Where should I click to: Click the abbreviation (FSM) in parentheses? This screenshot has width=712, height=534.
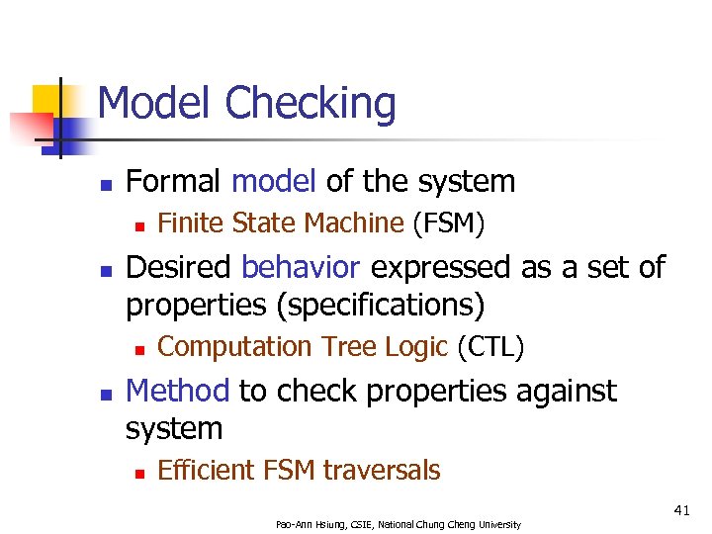[x=448, y=224]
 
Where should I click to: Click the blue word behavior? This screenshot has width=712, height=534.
[x=302, y=268]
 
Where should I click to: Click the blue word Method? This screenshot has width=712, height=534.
[x=178, y=392]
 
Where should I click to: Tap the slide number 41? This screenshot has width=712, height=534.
[x=681, y=510]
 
